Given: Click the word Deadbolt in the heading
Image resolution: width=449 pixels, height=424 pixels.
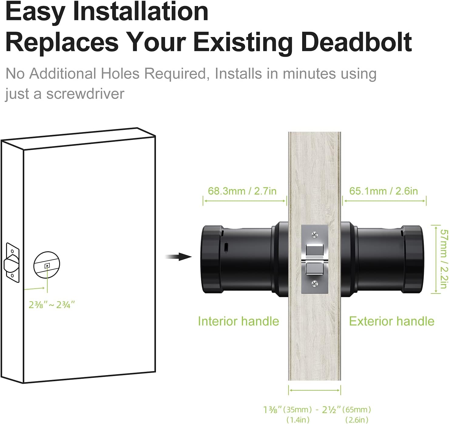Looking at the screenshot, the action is (x=356, y=42).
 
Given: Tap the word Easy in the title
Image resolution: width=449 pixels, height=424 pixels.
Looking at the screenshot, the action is (x=35, y=12).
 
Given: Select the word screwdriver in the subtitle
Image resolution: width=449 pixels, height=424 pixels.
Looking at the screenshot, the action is (x=85, y=94).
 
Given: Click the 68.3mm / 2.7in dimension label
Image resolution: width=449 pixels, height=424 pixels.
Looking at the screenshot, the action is (x=242, y=191).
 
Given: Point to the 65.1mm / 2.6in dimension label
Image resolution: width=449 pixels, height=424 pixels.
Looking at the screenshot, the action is (x=383, y=191).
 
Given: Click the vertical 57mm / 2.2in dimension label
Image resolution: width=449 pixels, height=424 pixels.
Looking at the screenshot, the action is (x=444, y=259).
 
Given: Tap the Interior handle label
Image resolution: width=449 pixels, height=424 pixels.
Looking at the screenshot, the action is (x=238, y=321).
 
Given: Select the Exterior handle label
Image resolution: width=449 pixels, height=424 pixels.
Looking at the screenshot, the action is (x=392, y=321).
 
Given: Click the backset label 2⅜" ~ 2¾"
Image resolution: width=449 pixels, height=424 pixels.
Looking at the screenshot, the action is (x=52, y=305).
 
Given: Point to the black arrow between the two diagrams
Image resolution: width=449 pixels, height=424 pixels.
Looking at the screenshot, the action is (x=179, y=257).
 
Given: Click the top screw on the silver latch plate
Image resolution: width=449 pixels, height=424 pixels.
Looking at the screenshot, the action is (x=315, y=235).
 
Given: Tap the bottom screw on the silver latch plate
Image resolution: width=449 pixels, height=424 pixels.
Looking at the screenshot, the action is (x=315, y=283).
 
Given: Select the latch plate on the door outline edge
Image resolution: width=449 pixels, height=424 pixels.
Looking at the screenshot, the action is (x=12, y=263).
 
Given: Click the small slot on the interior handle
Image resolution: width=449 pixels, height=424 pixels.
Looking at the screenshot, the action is (x=226, y=247).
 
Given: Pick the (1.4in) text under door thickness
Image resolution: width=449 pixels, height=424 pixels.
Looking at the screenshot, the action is (x=298, y=420).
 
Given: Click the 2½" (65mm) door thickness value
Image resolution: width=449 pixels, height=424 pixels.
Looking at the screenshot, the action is (x=346, y=409).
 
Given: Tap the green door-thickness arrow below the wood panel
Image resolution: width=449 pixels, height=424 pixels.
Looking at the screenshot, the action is (x=315, y=390).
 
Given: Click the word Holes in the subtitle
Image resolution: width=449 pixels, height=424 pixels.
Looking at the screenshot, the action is (x=120, y=73).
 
